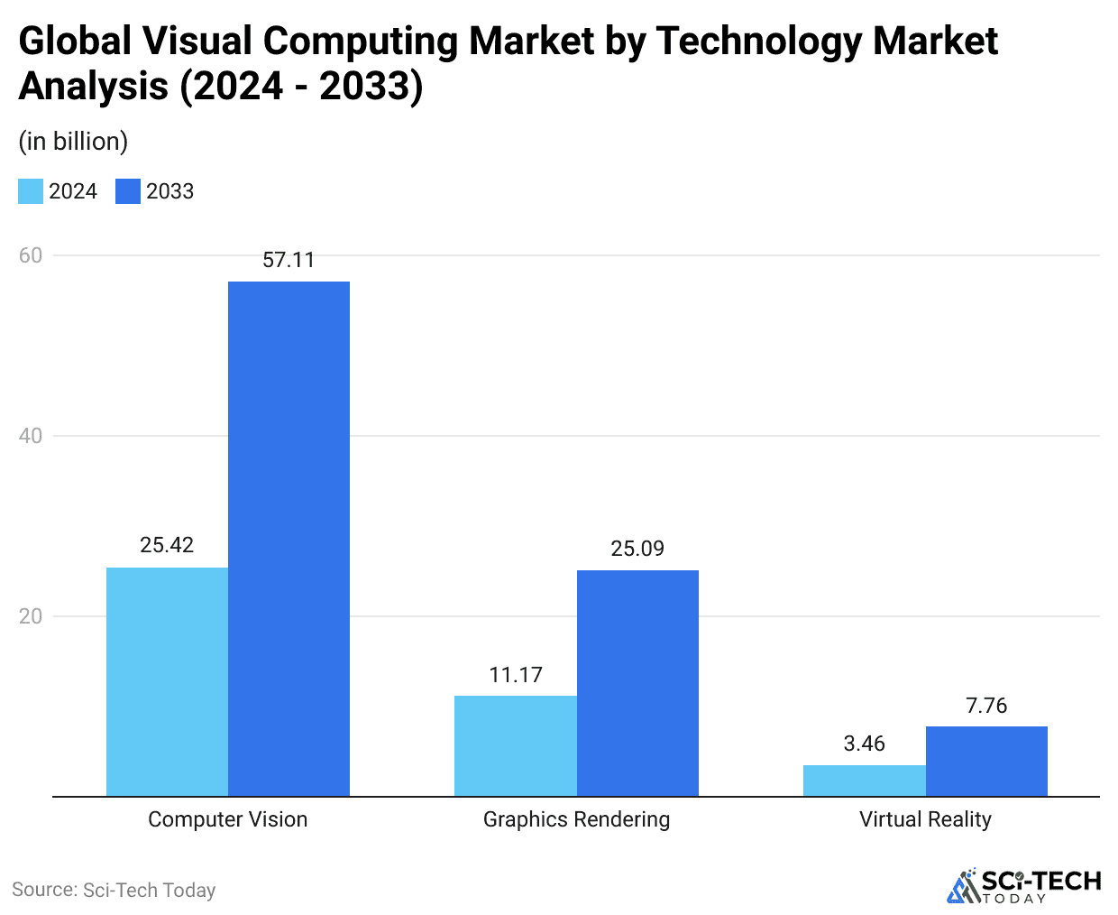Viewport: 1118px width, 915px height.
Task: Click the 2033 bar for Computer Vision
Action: pos(289,539)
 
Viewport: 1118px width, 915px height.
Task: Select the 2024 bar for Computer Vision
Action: pos(167,681)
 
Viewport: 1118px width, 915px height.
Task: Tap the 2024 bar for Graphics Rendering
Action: pos(516,745)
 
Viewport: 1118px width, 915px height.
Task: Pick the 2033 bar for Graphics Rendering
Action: pos(637,683)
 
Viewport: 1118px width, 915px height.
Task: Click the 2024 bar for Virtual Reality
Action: pos(864,781)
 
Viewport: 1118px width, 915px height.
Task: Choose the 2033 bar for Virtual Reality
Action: pos(986,761)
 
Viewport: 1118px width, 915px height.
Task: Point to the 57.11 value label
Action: pos(289,260)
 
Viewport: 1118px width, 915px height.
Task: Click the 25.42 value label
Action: pos(167,545)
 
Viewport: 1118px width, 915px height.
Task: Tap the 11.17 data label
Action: pos(516,675)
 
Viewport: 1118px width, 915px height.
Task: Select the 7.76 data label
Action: pos(986,706)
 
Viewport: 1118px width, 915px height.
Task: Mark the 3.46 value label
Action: pos(864,744)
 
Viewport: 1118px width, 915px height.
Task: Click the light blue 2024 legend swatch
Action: pos(31,191)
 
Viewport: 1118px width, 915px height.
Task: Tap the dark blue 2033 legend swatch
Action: pos(128,191)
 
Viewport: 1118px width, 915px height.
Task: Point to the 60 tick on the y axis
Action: pos(31,255)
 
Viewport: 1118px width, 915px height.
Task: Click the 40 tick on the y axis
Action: pos(31,436)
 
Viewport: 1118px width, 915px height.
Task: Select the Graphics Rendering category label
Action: pos(576,819)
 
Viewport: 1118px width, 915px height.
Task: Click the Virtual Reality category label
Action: pos(925,819)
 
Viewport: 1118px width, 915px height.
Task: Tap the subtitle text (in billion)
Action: pos(73,142)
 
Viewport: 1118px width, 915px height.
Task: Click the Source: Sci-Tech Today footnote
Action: pos(114,890)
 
